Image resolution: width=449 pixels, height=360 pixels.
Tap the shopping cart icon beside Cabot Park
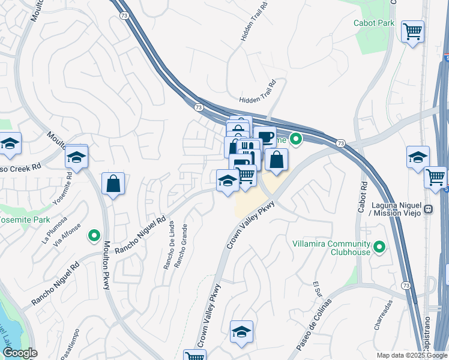412,31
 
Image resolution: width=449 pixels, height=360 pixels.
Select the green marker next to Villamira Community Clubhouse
379,247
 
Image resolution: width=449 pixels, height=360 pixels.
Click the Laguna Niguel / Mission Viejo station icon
428,209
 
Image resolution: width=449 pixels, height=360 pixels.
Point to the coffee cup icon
265,137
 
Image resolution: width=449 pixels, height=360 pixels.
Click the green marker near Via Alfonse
94,236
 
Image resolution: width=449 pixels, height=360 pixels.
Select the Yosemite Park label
24,220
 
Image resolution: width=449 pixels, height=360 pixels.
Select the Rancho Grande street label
180,246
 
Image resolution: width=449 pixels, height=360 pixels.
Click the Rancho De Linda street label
168,245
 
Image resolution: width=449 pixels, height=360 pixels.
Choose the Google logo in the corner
19,353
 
